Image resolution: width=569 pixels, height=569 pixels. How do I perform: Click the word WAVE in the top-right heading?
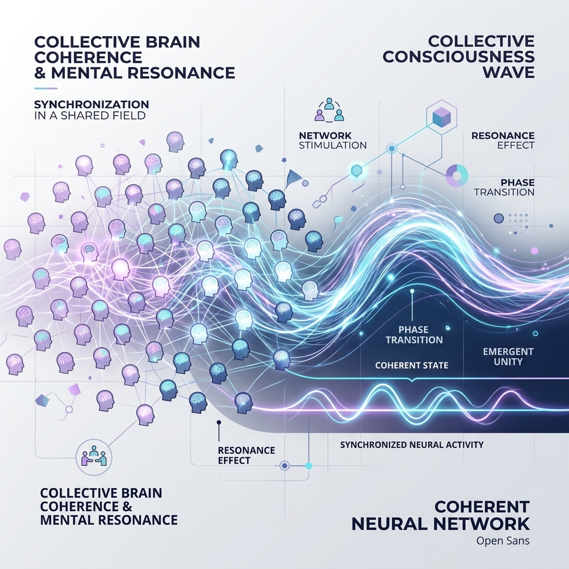508,72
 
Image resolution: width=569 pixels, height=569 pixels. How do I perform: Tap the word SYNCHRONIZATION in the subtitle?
92,104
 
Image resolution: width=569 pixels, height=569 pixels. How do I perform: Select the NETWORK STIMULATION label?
333,141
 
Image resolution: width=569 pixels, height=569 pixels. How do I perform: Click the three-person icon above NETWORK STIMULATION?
329,109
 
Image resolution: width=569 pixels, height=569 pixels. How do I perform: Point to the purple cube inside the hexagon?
442,118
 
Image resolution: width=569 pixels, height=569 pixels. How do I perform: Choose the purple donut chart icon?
457,176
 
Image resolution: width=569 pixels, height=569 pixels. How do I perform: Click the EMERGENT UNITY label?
508,356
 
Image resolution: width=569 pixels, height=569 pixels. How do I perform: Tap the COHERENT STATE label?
412,365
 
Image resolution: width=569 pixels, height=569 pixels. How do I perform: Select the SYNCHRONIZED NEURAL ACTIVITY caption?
412,445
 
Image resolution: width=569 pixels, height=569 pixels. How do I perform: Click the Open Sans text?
503,541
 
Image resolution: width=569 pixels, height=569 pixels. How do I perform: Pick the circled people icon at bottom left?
94,457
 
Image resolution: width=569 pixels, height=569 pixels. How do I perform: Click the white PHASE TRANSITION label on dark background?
414,335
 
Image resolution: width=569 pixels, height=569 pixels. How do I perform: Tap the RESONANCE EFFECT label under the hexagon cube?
503,141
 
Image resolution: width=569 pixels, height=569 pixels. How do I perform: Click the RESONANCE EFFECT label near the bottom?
246,456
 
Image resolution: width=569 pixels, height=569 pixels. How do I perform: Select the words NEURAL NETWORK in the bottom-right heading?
441,523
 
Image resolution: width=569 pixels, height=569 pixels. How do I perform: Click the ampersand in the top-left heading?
39,73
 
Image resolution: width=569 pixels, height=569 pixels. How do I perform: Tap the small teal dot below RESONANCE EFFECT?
309,466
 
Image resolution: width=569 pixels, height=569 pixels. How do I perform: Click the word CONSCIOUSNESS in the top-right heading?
458,57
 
